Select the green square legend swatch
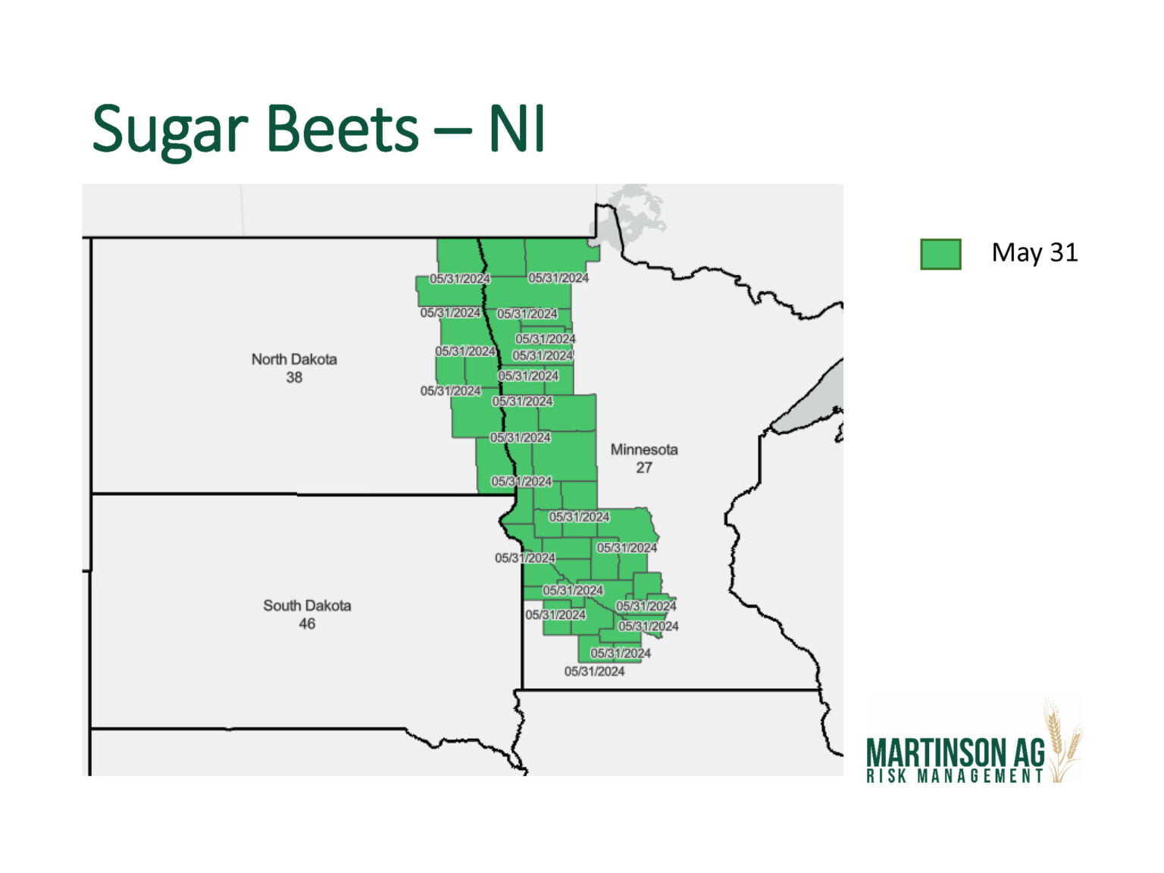[940, 254]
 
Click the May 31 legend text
[1034, 252]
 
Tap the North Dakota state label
[294, 359]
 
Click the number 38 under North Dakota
[294, 377]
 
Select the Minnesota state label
[644, 449]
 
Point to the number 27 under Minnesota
[644, 468]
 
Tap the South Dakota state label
[307, 605]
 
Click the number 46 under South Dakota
[307, 624]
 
